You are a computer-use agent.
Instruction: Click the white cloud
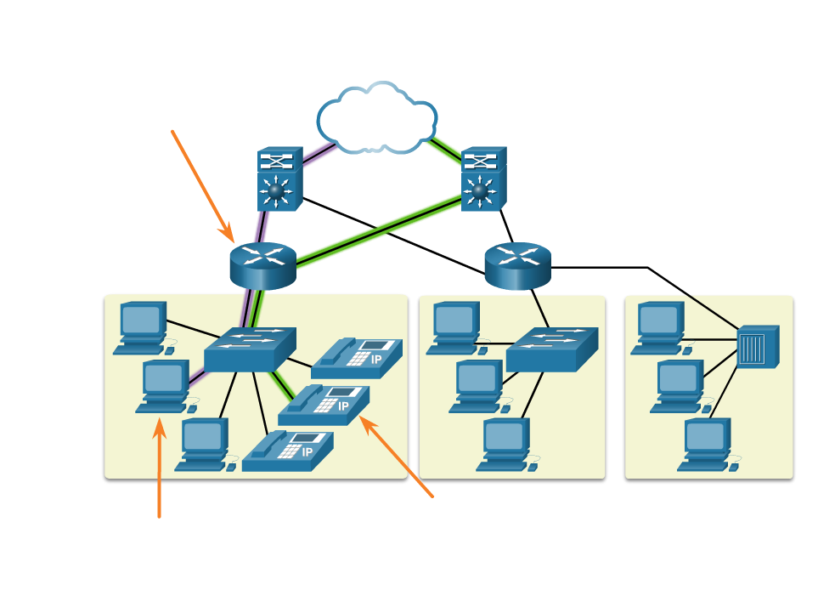375,119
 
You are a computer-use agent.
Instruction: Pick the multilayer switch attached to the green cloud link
483,179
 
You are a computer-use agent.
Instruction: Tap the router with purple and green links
262,265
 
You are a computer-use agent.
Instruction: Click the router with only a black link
517,265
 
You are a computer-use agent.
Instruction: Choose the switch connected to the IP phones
250,349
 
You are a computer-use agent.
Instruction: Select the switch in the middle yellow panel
551,349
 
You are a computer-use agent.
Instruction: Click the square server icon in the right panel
757,346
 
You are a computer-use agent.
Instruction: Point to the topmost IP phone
357,358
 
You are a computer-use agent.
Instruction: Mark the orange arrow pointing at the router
202,185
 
